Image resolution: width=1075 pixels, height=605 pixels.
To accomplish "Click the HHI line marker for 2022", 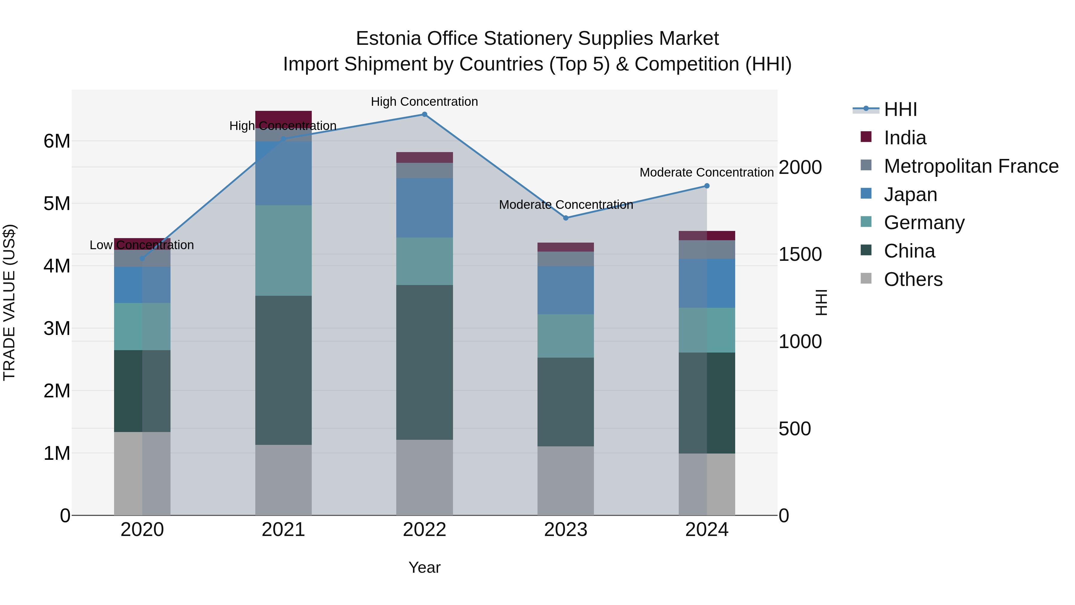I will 424,114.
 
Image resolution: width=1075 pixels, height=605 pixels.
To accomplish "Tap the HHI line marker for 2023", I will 566,218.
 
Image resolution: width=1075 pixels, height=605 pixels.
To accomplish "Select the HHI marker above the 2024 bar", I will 707,186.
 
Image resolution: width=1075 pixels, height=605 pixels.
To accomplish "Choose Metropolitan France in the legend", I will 971,166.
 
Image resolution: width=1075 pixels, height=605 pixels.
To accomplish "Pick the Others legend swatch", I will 866,278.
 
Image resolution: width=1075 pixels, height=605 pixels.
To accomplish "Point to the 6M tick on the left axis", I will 57,141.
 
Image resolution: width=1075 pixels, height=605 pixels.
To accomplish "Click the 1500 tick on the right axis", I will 800,254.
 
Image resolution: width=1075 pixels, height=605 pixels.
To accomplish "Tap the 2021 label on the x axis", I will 283,530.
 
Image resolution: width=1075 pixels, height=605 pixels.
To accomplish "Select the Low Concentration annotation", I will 142,245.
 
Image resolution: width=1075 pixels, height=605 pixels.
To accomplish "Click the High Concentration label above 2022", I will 424,102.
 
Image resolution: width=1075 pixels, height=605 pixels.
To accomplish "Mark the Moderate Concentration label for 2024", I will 707,172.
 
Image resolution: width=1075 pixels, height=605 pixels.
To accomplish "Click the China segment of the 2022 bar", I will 424,362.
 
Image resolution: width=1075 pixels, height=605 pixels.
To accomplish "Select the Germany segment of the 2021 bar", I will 283,251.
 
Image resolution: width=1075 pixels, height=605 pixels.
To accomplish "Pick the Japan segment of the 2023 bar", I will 566,290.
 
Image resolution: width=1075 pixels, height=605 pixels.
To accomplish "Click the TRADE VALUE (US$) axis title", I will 9,302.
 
